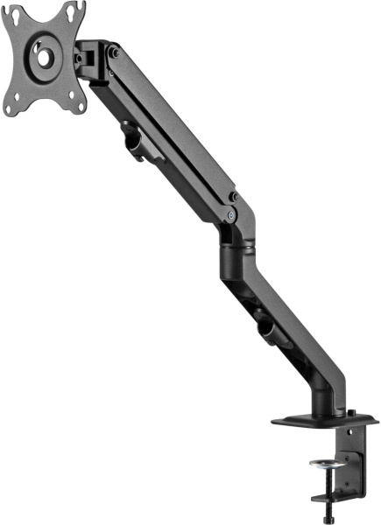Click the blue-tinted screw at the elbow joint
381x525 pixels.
229,213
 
